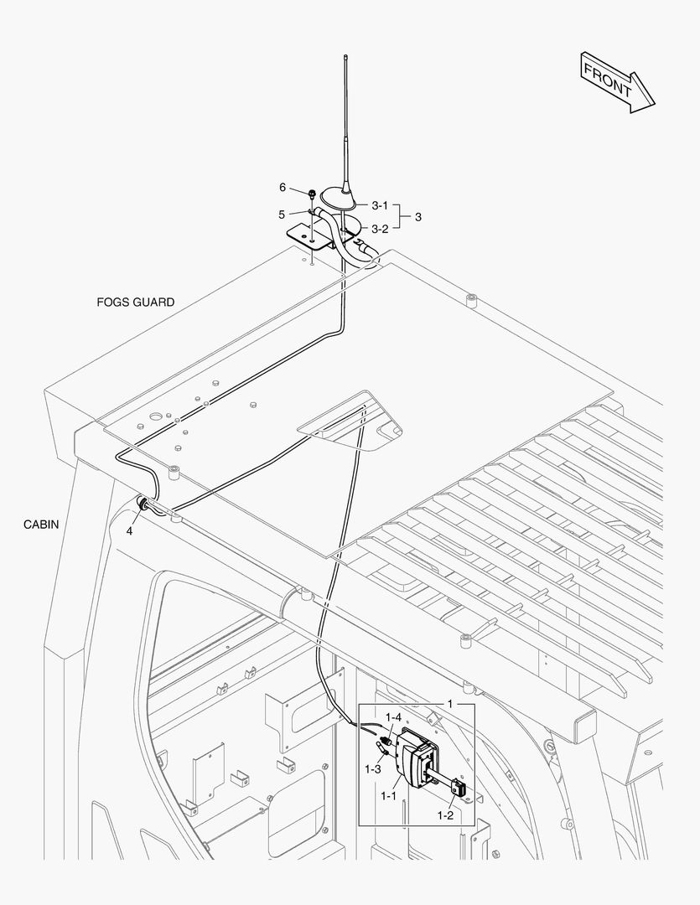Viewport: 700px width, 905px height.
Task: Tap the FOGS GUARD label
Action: [136, 302]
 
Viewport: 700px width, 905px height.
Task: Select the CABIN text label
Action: [41, 525]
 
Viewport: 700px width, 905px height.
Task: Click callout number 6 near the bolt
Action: [283, 187]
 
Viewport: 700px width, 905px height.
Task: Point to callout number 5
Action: [283, 215]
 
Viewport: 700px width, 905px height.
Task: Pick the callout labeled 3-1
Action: [380, 205]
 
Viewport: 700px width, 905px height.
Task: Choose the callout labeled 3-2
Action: [380, 228]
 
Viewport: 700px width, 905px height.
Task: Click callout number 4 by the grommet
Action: [130, 530]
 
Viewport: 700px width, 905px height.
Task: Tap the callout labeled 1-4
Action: [393, 717]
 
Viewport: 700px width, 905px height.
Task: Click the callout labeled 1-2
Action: [446, 814]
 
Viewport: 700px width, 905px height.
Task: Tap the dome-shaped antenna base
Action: [344, 198]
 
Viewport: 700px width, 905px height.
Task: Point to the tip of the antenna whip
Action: [345, 57]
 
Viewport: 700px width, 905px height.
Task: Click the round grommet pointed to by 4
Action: [144, 504]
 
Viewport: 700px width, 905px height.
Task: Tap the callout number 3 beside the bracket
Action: [418, 217]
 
